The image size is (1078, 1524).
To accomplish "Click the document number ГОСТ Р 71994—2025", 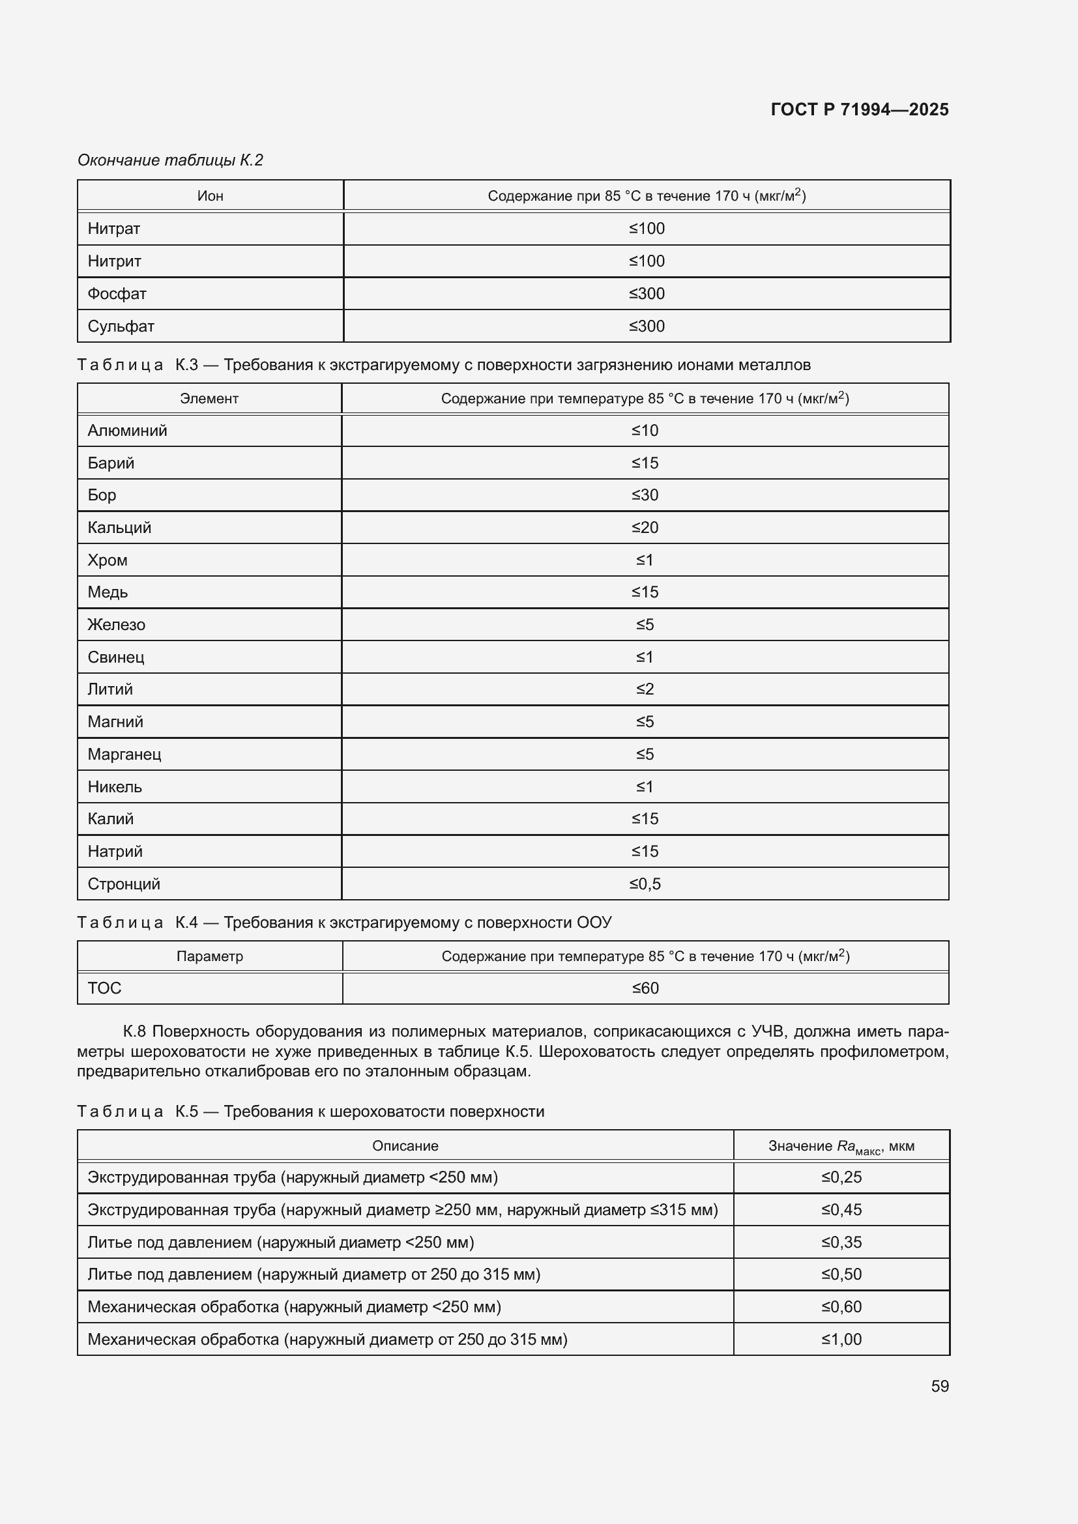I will tap(859, 109).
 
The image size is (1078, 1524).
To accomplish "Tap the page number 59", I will tap(939, 1386).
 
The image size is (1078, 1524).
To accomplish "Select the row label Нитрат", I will tap(113, 228).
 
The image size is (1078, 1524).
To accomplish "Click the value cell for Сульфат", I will tap(646, 326).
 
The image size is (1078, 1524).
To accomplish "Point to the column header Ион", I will tap(210, 196).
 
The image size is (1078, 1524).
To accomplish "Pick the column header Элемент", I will tap(209, 398).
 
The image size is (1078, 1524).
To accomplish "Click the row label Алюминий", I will tap(127, 430).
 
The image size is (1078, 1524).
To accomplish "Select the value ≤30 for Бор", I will tap(645, 495).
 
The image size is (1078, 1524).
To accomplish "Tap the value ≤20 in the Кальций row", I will tap(645, 528).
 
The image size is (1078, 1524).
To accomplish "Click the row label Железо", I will tap(116, 625).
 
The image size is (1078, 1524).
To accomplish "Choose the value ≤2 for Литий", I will tap(645, 689).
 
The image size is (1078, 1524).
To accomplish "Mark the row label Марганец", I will tap(124, 754).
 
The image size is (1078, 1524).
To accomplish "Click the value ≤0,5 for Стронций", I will tap(645, 884).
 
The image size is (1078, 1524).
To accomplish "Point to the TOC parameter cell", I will tap(104, 988).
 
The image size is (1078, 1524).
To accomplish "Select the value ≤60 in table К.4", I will tap(645, 988).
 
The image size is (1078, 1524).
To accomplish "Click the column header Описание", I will tap(405, 1145).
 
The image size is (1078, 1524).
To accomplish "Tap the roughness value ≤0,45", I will tap(841, 1209).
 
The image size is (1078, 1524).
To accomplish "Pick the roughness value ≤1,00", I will tap(841, 1339).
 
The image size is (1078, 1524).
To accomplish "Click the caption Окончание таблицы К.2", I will tap(170, 160).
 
